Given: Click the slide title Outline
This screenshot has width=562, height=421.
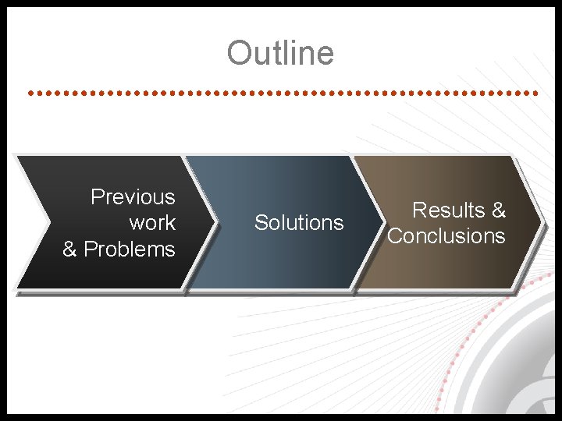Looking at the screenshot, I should tap(280, 53).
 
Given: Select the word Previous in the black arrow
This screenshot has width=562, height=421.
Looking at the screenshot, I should tap(133, 197).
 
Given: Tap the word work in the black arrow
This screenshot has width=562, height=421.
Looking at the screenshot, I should tap(152, 223).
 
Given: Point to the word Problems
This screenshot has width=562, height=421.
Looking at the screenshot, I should tap(130, 249).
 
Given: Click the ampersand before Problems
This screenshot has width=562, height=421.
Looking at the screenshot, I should tap(69, 249).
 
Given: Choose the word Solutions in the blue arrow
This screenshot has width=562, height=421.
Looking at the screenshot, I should tap(299, 223).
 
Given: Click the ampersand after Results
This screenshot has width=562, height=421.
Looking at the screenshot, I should tap(498, 210).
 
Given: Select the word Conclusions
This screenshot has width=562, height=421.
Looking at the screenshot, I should tap(446, 236).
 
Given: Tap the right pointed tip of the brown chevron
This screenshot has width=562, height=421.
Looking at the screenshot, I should tap(541, 222).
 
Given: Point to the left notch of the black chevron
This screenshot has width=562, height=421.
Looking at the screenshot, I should tap(50, 222).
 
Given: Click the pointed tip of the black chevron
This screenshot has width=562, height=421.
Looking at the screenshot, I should tap(215, 222).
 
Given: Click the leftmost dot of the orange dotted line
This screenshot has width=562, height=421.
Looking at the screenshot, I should tap(30, 93).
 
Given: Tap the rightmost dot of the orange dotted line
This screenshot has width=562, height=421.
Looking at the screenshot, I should tap(536, 93).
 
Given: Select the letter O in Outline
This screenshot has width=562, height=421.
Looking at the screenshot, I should tap(237, 53).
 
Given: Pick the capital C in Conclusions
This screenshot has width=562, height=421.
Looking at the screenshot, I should tap(395, 236).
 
